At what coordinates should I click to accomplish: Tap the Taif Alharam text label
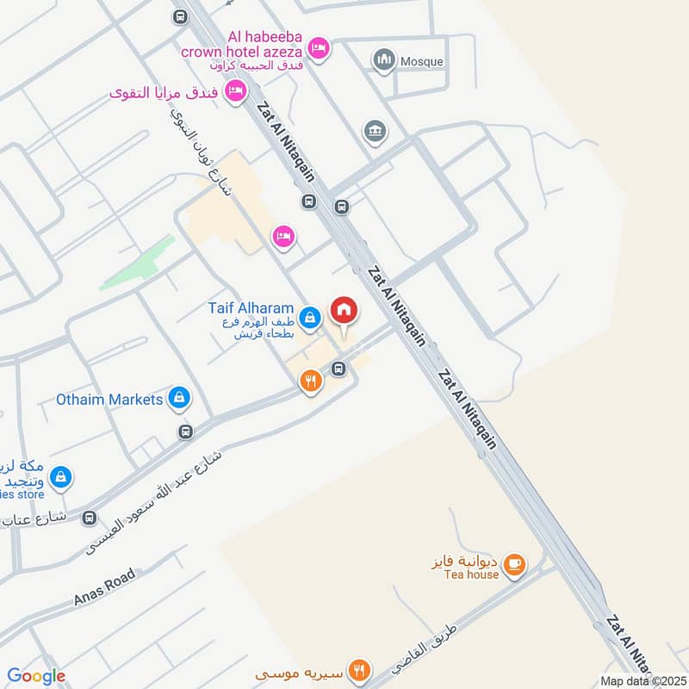(x=251, y=308)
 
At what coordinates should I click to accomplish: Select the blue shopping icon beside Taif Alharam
(x=312, y=317)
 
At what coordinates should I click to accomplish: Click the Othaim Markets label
(x=109, y=400)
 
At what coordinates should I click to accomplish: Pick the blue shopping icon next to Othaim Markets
(x=179, y=398)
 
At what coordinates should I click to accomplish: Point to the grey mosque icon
(x=383, y=60)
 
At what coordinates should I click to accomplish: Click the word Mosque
(x=422, y=61)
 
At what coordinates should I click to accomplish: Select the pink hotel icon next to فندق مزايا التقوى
(x=235, y=91)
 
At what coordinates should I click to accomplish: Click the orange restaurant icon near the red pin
(x=311, y=380)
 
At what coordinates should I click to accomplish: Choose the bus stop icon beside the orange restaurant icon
(x=338, y=369)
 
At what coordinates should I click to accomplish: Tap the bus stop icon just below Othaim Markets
(x=183, y=431)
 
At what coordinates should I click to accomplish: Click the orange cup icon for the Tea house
(x=515, y=564)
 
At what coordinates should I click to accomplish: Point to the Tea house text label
(x=473, y=574)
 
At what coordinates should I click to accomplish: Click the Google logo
(x=36, y=676)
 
